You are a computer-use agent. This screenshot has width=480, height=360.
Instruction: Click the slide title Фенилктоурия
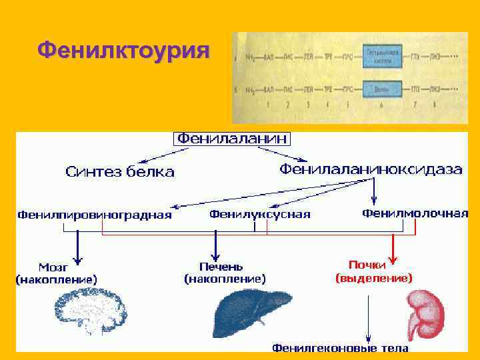click(x=123, y=50)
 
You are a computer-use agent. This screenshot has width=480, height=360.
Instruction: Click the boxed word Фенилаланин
click(x=232, y=139)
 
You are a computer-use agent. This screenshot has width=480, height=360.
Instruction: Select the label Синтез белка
click(x=120, y=172)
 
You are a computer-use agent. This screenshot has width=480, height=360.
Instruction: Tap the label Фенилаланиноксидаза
click(x=371, y=169)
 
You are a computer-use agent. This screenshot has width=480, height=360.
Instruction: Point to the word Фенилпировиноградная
click(x=94, y=215)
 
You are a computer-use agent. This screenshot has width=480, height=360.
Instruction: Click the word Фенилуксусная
click(x=260, y=214)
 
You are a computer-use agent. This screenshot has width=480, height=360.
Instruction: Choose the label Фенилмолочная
click(x=415, y=213)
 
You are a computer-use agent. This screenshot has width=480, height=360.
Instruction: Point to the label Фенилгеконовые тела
click(x=340, y=348)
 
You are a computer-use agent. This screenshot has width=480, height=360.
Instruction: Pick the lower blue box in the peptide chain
click(x=383, y=89)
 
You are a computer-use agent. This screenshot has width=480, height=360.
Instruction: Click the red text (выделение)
click(x=373, y=277)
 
